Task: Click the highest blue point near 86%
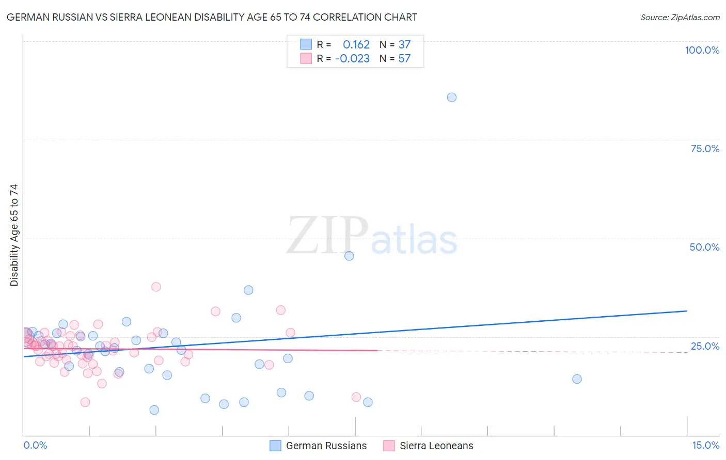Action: (452, 97)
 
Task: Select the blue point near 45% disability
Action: (349, 256)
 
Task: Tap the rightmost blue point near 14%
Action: (577, 379)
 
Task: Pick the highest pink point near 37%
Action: (156, 287)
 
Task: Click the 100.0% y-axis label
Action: (702, 50)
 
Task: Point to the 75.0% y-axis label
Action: (705, 149)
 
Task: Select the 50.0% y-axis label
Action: (704, 247)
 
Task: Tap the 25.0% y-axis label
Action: (705, 346)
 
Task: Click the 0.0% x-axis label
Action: (35, 445)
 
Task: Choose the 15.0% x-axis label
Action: (705, 445)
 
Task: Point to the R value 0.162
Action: (356, 45)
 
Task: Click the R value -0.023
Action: (352, 59)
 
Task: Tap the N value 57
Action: (404, 59)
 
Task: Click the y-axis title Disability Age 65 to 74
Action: (14, 235)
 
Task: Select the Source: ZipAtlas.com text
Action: (680, 18)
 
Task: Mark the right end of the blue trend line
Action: (687, 311)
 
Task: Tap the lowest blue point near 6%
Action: (154, 410)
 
